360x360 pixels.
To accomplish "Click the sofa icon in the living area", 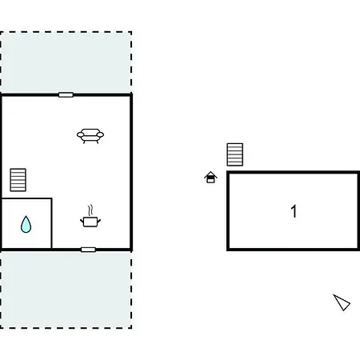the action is pyautogui.click(x=90, y=136).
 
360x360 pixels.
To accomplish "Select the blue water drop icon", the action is pyautogui.click(x=26, y=225).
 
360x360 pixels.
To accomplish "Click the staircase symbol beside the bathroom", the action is pyautogui.click(x=18, y=180).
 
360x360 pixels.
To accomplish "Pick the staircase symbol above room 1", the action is pyautogui.click(x=235, y=154).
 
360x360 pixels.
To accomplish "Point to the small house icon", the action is pyautogui.click(x=210, y=178).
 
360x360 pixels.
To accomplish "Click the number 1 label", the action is pyautogui.click(x=294, y=211).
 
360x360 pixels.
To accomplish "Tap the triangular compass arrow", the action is pyautogui.click(x=342, y=302).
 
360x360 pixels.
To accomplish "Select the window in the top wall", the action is pyautogui.click(x=66, y=94).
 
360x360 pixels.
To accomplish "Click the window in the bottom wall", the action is pyautogui.click(x=88, y=250).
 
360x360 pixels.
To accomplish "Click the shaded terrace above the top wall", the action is pyautogui.click(x=66, y=62).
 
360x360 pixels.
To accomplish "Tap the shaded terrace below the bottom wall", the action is pyautogui.click(x=66, y=290).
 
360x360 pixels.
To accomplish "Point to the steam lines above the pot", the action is pyautogui.click(x=90, y=210).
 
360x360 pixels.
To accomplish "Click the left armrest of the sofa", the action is pyautogui.click(x=80, y=134).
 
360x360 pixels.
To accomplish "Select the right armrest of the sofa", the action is pyautogui.click(x=100, y=134).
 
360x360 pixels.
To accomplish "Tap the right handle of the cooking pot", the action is pyautogui.click(x=99, y=221).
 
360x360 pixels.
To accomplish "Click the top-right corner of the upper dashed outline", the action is pyautogui.click(x=131, y=32).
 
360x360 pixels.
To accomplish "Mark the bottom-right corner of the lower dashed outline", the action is pyautogui.click(x=131, y=328).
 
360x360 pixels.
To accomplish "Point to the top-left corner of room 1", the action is pyautogui.click(x=228, y=172).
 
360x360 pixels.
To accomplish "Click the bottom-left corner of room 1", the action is pyautogui.click(x=228, y=250).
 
